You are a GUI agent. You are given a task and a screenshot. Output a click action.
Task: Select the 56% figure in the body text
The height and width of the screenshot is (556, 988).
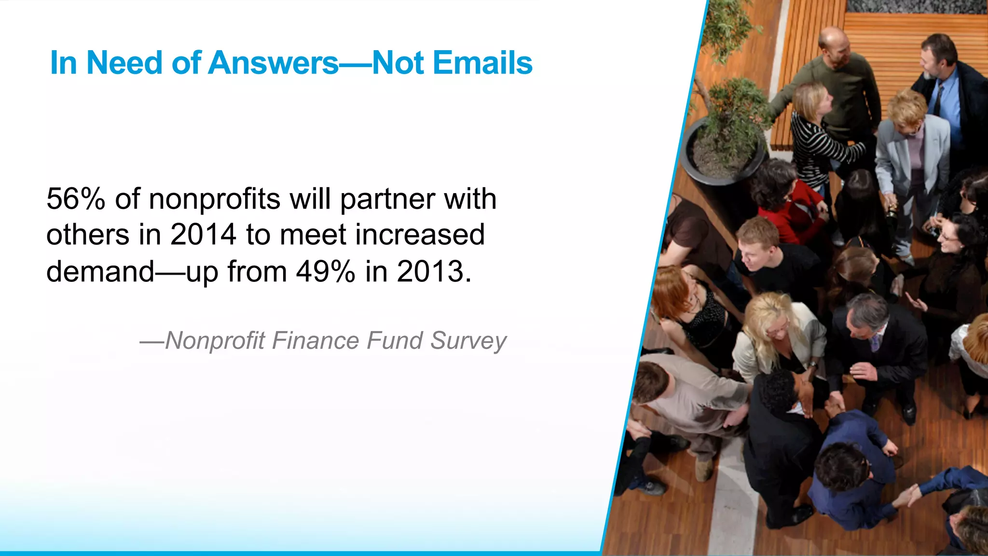tap(75, 199)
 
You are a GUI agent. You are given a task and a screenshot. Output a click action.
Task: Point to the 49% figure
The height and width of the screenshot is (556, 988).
tap(325, 271)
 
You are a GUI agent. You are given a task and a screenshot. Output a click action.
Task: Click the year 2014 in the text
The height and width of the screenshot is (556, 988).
tap(203, 235)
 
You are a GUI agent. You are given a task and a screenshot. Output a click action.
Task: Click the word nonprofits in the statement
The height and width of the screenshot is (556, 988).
tap(214, 199)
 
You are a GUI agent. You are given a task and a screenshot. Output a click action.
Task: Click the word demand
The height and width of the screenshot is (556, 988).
tap(100, 271)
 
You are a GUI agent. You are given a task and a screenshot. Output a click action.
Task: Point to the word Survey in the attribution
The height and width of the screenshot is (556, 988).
tap(468, 341)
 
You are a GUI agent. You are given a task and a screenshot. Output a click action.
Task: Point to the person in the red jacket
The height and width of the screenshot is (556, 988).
tap(791, 208)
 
